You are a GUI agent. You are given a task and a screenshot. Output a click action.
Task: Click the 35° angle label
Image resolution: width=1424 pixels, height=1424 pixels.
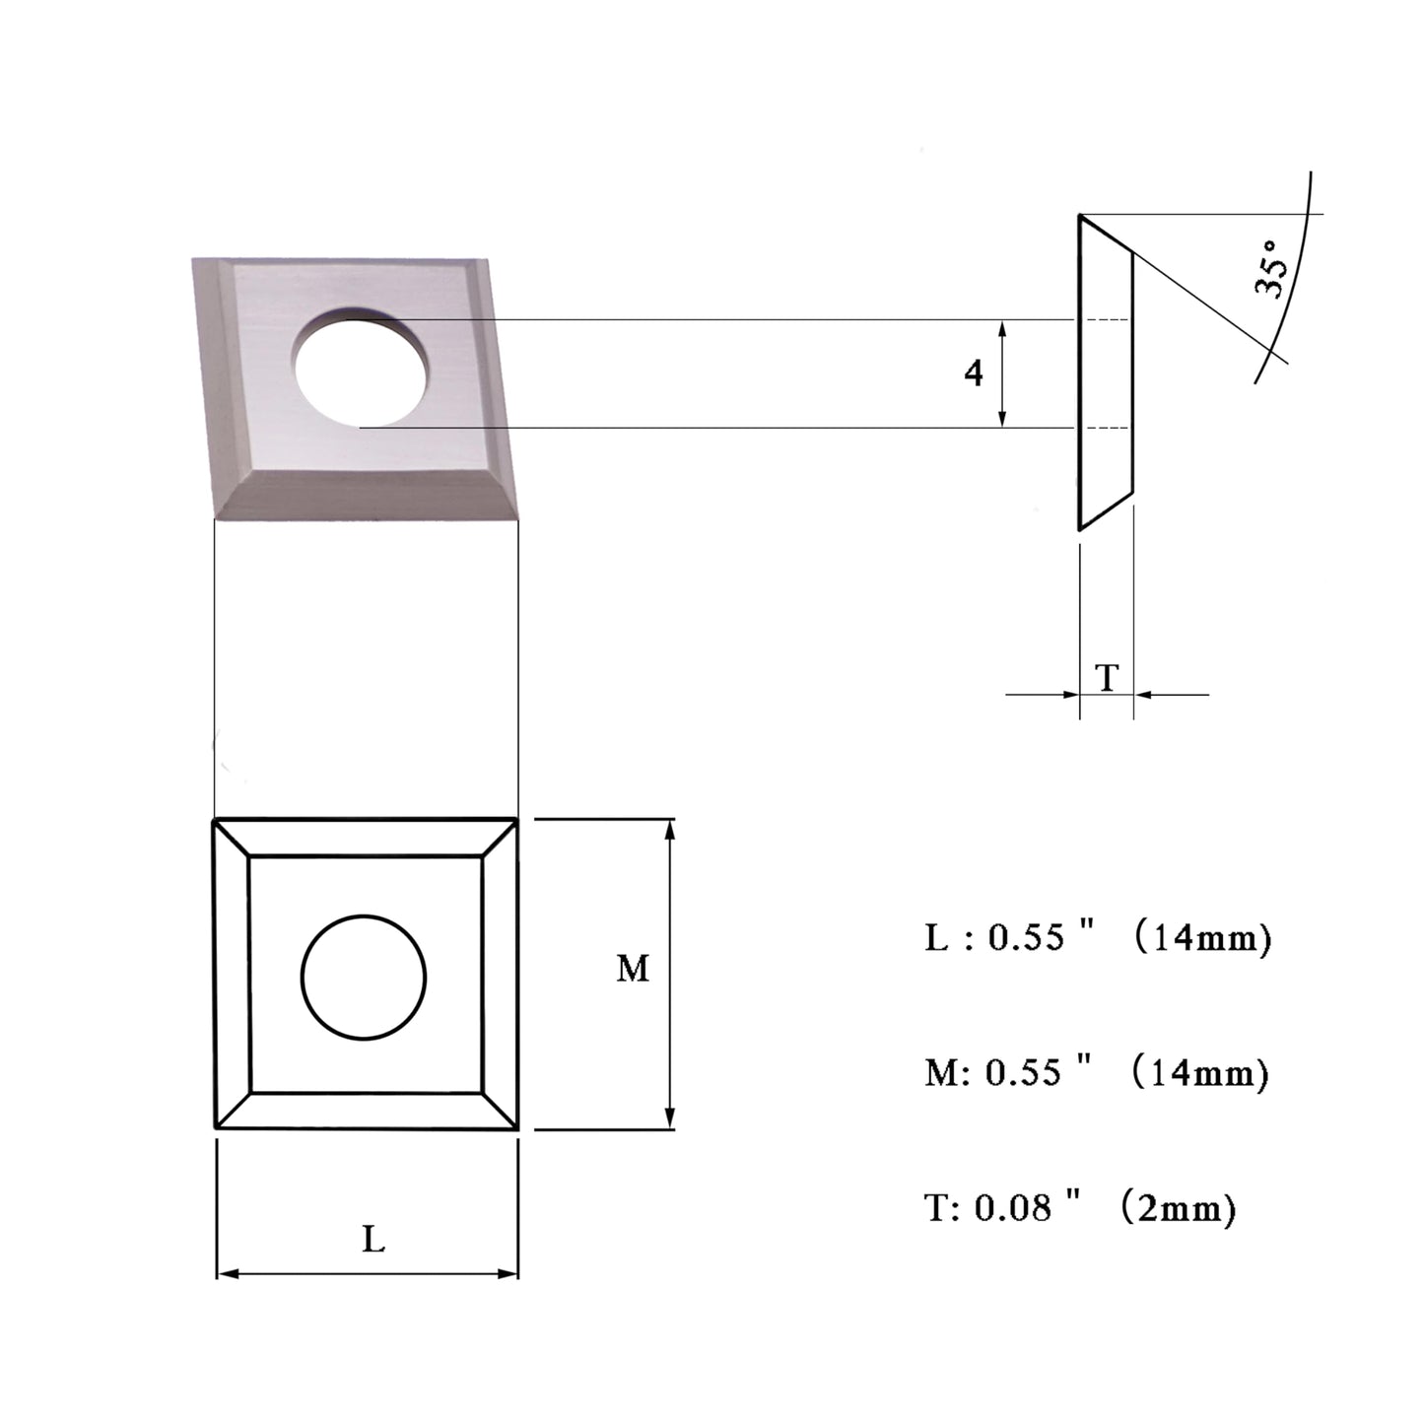click(x=1272, y=268)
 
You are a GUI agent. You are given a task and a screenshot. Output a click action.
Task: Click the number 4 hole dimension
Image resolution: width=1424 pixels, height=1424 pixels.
click(x=974, y=373)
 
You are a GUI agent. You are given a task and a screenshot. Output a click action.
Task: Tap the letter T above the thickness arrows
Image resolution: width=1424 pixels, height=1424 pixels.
click(x=1107, y=677)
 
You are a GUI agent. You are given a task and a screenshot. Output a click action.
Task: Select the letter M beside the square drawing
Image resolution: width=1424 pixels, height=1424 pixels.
click(x=633, y=968)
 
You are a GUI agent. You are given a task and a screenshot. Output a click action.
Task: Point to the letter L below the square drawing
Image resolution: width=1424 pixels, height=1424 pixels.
click(x=373, y=1240)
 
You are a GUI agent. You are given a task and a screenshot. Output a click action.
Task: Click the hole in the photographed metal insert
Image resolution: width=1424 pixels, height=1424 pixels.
click(x=363, y=367)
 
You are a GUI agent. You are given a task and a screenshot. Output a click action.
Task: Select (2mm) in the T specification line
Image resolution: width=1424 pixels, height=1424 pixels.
click(x=1178, y=1207)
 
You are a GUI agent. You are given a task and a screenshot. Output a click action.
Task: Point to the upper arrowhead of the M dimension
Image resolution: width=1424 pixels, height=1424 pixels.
click(x=670, y=829)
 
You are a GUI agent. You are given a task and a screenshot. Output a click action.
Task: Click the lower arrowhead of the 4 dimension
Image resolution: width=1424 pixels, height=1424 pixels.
click(x=1002, y=418)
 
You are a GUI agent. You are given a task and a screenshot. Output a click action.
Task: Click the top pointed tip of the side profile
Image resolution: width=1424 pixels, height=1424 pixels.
click(x=1080, y=215)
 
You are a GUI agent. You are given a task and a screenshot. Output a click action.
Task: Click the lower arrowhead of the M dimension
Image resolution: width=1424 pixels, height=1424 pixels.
click(x=670, y=1119)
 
